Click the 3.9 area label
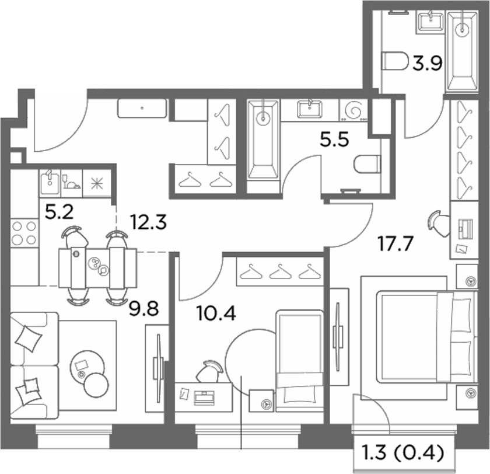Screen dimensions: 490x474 click(427, 64)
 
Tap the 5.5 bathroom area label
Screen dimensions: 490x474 click(334, 140)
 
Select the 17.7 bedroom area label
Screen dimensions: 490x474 click(395, 243)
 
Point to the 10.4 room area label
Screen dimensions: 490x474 click(216, 313)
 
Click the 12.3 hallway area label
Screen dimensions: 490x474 click(148, 222)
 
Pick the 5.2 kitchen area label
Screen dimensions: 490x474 click(59, 212)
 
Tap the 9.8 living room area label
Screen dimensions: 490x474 click(143, 308)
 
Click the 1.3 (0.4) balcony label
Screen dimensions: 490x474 click(402, 452)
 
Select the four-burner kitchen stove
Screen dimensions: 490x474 click(24, 233)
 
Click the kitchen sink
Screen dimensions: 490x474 click(50, 183)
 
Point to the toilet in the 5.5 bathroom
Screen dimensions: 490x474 click(367, 164)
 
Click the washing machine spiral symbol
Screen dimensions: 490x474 click(353, 110)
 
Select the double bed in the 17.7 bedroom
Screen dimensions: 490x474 click(426, 337)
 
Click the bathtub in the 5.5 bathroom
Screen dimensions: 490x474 click(263, 140)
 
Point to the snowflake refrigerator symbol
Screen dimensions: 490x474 click(97, 183)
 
